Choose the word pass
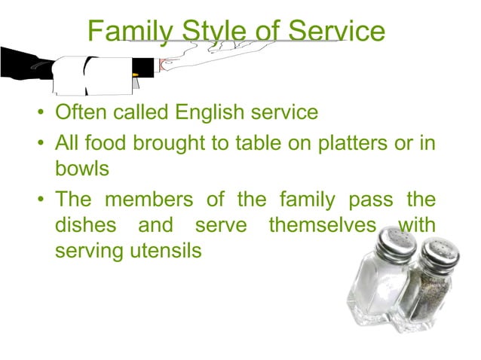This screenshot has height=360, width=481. coord(365,200)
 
